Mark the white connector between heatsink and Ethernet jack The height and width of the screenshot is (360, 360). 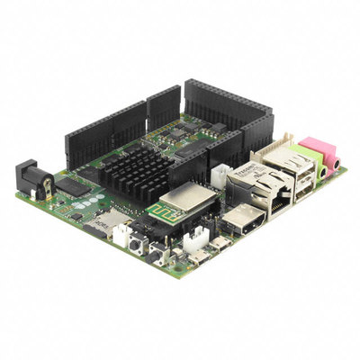[x=219, y=175]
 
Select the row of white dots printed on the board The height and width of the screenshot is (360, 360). [x=94, y=197]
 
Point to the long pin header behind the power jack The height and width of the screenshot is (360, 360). [x=104, y=134]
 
